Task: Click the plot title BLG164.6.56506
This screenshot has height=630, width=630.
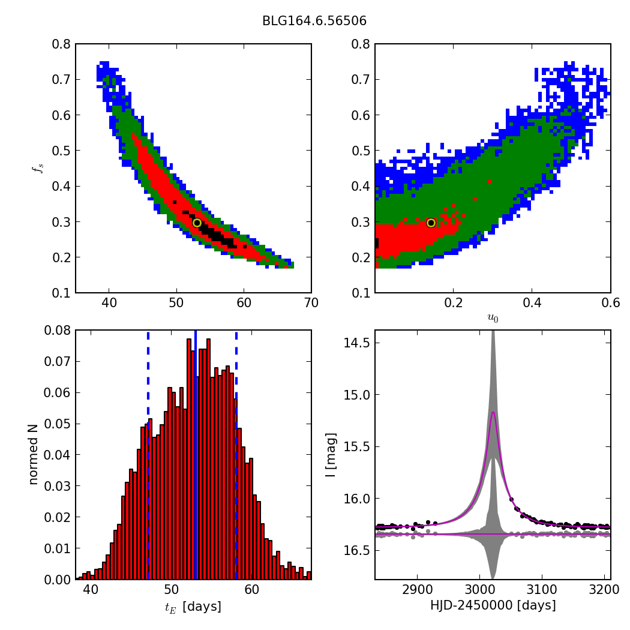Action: point(314,21)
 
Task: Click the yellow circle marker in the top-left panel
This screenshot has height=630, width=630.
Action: point(197,223)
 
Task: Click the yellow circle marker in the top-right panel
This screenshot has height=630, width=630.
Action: point(431,223)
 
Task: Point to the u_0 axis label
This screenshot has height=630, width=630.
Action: point(493,319)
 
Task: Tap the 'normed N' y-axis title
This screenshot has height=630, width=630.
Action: point(34,454)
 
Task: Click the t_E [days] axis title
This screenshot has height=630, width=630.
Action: point(193,607)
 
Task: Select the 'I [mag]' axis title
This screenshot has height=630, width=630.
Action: point(330,454)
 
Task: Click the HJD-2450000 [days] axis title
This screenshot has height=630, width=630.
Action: point(493,605)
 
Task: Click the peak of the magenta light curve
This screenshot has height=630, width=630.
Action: point(493,412)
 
